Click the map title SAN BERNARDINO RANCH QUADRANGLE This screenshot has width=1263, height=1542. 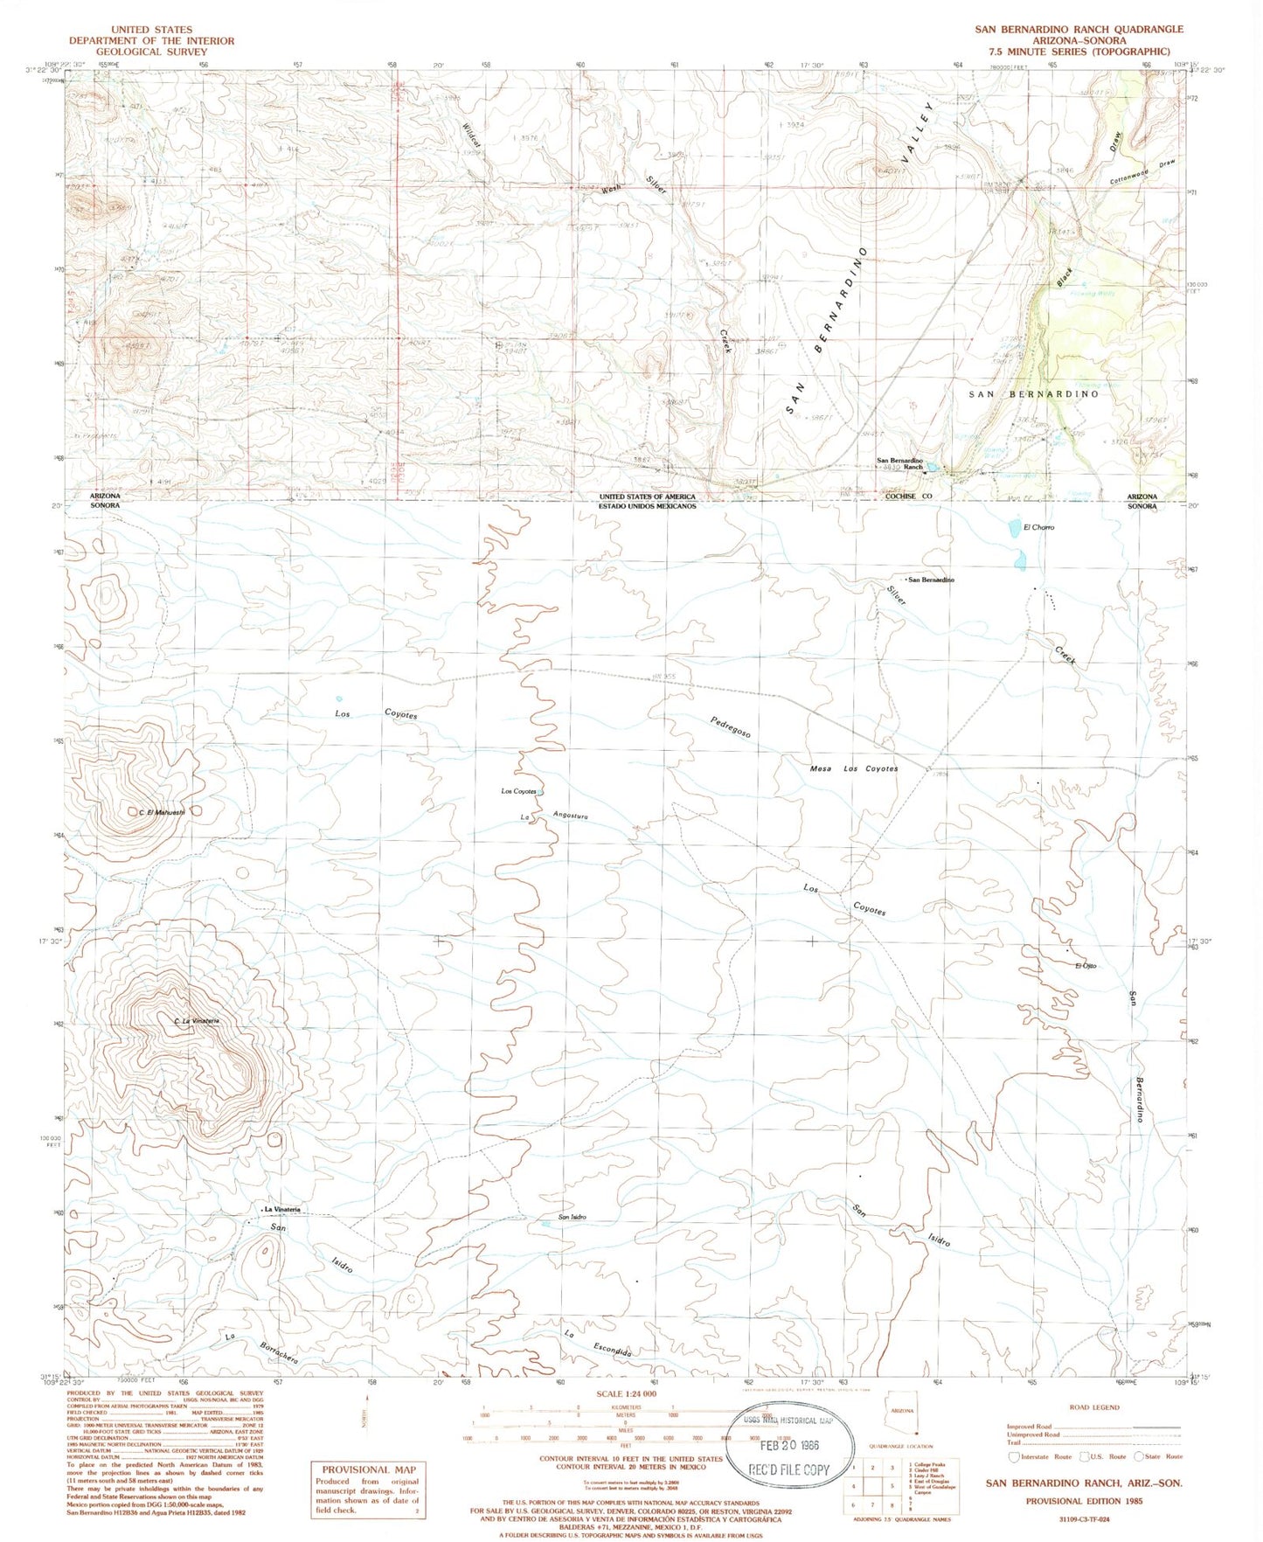coord(1079,29)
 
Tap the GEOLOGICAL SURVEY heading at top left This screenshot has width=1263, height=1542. coord(151,52)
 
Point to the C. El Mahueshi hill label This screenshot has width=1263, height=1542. coord(163,812)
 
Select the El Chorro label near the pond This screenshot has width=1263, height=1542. coord(1038,527)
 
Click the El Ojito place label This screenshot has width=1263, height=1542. coord(1086,965)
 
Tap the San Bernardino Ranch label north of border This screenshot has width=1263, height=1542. coord(900,463)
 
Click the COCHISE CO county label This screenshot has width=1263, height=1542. coord(909,496)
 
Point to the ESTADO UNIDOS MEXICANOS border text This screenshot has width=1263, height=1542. coord(647,506)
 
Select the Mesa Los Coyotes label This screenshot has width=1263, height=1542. coord(854,768)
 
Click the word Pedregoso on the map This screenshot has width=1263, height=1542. coord(731,727)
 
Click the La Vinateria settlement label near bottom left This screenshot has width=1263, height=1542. coord(282,1209)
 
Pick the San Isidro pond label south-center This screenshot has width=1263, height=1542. coord(572,1216)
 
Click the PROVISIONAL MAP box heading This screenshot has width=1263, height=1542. coord(368,1469)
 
